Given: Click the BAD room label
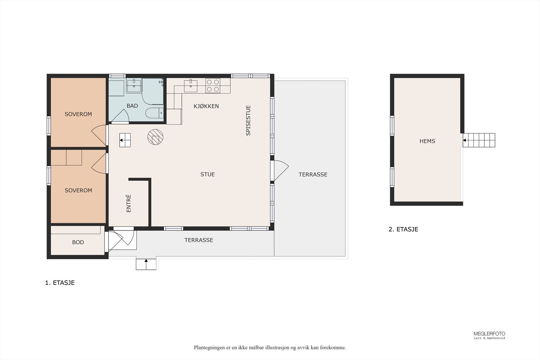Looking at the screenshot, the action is point(132,106).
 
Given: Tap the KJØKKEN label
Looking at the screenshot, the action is point(206,106).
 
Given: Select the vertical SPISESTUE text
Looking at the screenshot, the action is point(248,120).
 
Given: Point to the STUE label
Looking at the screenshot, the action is point(207,174).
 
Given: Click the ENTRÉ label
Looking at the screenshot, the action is point(129,203).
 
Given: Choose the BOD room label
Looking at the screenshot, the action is point(78,242).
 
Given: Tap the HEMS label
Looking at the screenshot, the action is point(427,141).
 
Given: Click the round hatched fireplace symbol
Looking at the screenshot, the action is point(155,137).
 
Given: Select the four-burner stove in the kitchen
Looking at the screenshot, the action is point(213,86).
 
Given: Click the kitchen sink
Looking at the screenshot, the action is point(190,86).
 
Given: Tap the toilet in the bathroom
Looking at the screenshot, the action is point(155,113).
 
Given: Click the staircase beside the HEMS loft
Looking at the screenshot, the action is point(479,140).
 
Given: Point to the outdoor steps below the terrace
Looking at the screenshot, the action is point(146,264).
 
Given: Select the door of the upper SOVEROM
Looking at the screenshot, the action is point(99,135).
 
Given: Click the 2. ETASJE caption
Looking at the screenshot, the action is point(403,229).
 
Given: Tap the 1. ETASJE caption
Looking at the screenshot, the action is point(60,283).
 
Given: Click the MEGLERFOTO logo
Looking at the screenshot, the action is point(489,335).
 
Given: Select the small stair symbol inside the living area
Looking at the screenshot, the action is point(125,140).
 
